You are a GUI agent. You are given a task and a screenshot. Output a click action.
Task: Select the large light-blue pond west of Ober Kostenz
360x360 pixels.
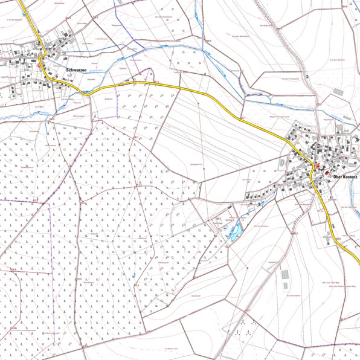pyautogui.click(x=235, y=230)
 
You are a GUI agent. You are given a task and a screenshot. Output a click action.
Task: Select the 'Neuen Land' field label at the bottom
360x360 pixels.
pyautogui.click(x=173, y=349)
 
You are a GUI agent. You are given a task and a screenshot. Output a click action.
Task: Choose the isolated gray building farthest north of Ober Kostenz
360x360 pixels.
pyautogui.click(x=338, y=91)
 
